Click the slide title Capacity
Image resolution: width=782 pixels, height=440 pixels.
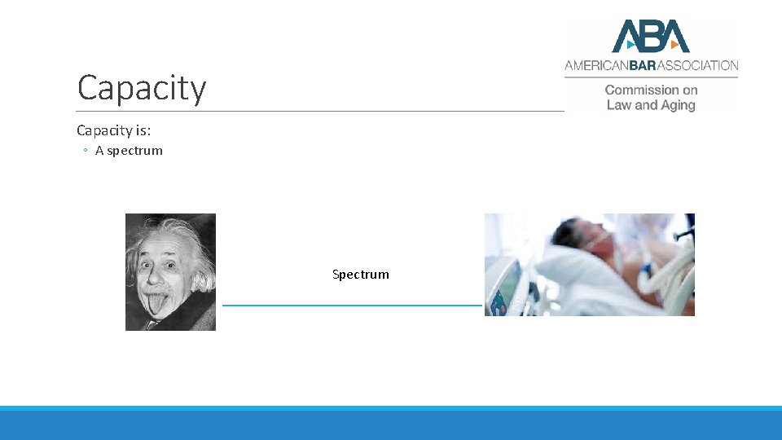pos(141,88)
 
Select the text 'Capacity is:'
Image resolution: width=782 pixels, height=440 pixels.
pos(113,130)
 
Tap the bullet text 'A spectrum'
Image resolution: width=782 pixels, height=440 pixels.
pos(129,151)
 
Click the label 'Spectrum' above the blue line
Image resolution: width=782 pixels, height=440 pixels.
pos(360,275)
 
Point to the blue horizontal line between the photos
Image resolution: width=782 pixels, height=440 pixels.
pos(352,306)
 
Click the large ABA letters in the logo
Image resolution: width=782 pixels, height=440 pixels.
pos(651,37)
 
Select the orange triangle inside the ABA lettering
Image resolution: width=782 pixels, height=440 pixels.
pos(674,44)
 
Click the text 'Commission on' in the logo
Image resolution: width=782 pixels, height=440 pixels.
pos(651,90)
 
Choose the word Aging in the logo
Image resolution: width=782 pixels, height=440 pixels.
pos(677,105)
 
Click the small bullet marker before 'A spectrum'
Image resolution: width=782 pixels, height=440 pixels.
pos(85,151)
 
